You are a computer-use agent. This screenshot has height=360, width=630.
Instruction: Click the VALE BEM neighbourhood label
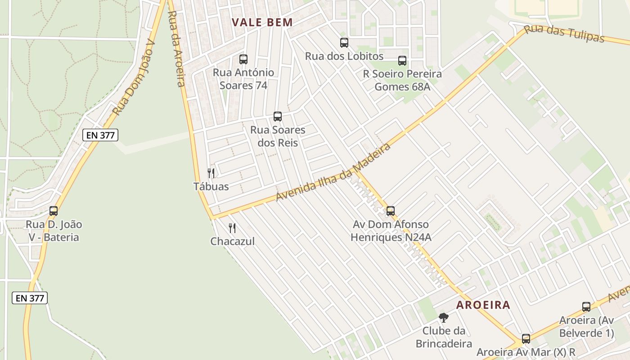tap(262, 22)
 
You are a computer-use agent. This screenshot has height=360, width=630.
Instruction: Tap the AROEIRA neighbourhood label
tap(483, 305)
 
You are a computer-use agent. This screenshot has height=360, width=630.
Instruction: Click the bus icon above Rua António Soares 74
tap(243, 59)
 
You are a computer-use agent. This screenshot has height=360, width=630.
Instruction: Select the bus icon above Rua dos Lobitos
tap(344, 43)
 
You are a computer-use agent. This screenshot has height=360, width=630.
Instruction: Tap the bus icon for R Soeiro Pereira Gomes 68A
tap(402, 60)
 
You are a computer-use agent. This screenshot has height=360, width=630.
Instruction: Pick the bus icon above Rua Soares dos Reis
tap(278, 117)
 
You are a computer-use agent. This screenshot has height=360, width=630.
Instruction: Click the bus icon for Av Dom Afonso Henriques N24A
tap(391, 211)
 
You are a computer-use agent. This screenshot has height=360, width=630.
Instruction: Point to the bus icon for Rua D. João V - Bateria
tap(54, 211)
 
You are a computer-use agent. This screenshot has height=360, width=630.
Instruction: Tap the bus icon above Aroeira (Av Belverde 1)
tap(586, 307)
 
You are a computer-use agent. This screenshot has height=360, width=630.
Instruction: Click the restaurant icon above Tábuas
tap(211, 173)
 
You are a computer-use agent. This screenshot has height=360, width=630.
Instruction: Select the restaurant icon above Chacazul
tap(232, 228)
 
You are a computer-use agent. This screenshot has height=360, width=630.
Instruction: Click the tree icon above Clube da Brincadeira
tap(444, 318)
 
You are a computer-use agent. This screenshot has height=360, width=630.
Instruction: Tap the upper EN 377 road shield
tap(100, 135)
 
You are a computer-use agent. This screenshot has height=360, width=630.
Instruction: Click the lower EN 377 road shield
tap(30, 297)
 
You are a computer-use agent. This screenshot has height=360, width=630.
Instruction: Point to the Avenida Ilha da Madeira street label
tap(333, 173)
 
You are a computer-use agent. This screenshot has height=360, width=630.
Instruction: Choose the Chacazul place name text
tap(232, 241)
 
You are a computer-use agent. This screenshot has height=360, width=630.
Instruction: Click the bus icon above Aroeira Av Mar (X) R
tap(526, 338)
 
